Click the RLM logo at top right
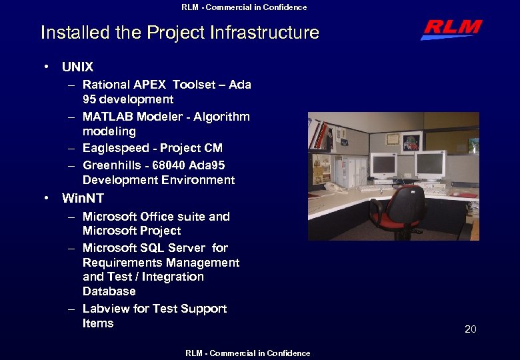451,29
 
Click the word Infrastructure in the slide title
265,32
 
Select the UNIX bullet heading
77,67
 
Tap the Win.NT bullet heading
83,198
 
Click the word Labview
105,309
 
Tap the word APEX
151,85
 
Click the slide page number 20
470,329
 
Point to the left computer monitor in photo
383,165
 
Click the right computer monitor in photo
430,164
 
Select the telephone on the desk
335,187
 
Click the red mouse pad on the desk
467,195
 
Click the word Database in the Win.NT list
109,291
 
